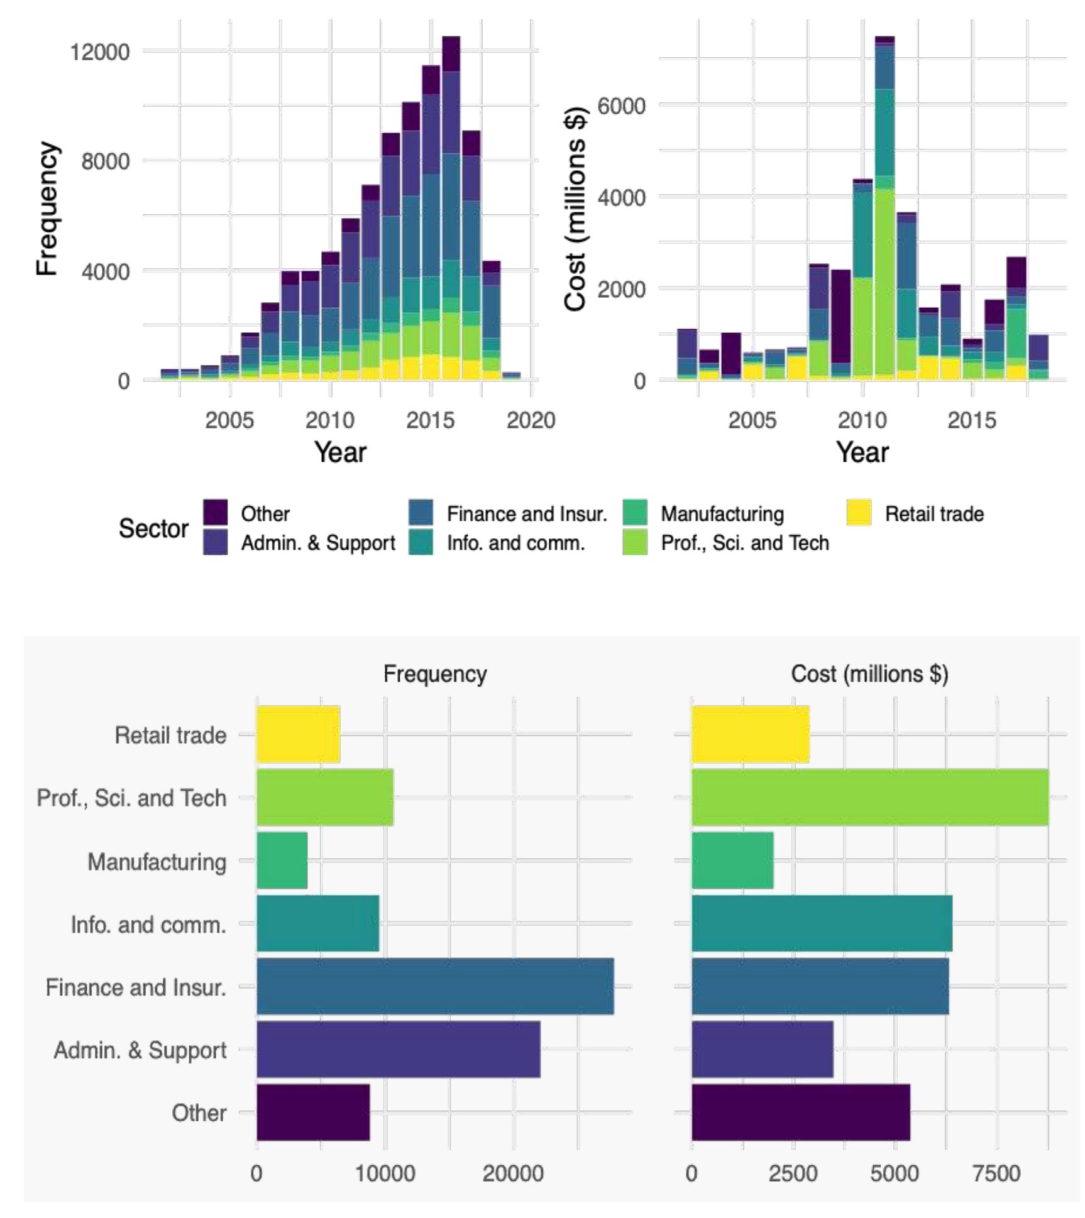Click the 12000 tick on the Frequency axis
[x=99, y=52]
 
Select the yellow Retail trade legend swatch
[x=859, y=513]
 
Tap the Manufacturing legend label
[x=722, y=514]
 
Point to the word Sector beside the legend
[x=153, y=528]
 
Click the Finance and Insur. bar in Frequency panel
[x=435, y=986]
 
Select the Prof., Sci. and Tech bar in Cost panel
[x=869, y=797]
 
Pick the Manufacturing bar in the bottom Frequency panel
[x=282, y=861]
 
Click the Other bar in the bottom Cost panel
[x=800, y=1112]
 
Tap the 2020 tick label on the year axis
[x=531, y=420]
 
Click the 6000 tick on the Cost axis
[x=621, y=106]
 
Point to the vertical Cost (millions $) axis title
[x=575, y=209]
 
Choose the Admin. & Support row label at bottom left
[x=140, y=1050]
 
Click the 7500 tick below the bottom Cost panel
[x=996, y=1173]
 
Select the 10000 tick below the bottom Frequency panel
[x=385, y=1173]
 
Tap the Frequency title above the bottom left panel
[x=435, y=674]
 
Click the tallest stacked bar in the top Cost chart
[x=884, y=207]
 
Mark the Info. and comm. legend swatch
[x=421, y=542]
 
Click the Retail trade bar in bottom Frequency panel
[x=298, y=734]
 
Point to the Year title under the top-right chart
[x=862, y=452]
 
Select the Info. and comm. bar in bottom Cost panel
[x=822, y=923]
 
